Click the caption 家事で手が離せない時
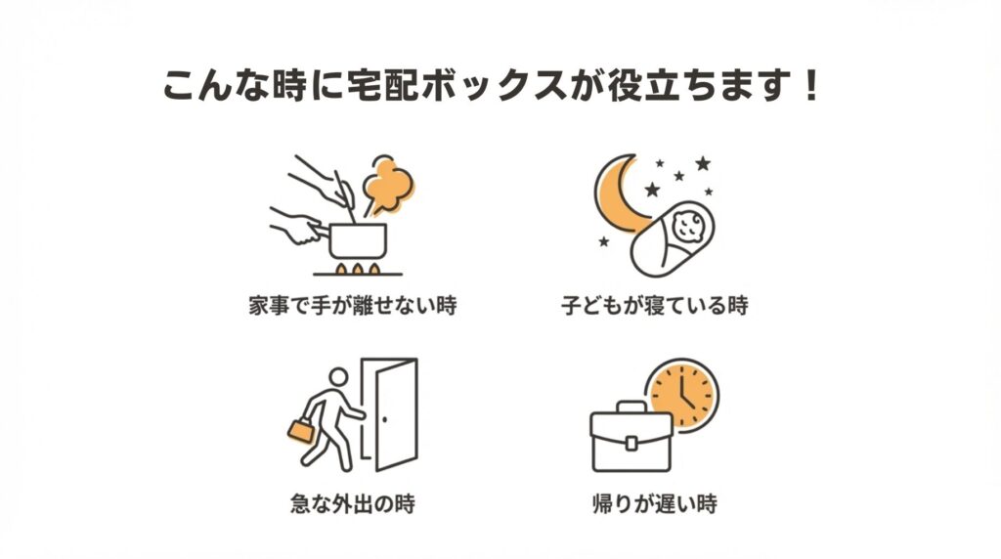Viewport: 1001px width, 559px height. click(353, 305)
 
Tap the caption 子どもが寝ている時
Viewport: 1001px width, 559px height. click(654, 305)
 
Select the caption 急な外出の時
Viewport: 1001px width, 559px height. click(352, 503)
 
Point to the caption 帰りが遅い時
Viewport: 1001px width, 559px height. click(655, 503)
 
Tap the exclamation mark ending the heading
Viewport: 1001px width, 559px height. click(811, 85)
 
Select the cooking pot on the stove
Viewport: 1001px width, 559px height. click(358, 241)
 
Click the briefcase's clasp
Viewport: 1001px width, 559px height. click(631, 443)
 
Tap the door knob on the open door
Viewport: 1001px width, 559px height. click(384, 420)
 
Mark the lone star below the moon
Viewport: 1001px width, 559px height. click(603, 241)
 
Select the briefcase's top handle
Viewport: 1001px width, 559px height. click(631, 408)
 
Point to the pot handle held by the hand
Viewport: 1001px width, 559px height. click(316, 229)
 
